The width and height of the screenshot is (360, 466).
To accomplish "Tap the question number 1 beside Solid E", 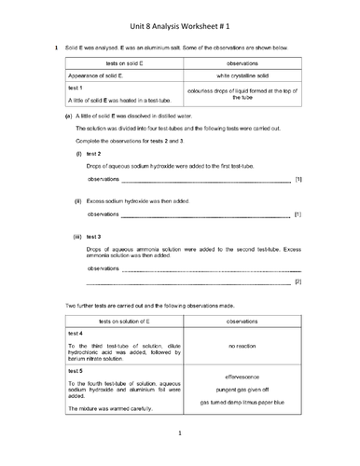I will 57,47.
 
